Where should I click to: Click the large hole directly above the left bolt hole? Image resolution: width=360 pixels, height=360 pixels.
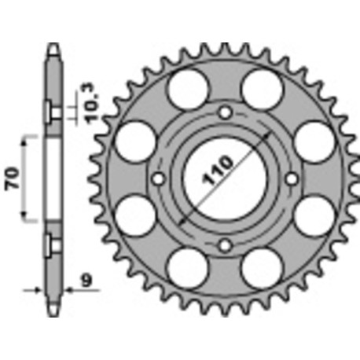click(x=134, y=141)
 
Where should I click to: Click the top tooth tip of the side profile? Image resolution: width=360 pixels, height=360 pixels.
click(x=53, y=45)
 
